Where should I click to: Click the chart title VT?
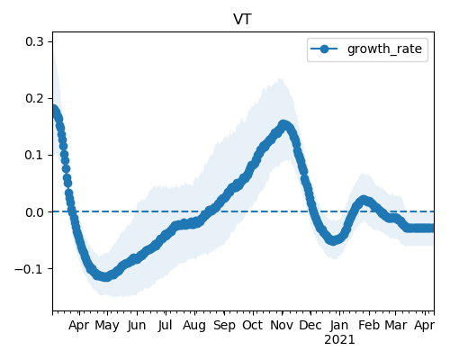[x=242, y=20]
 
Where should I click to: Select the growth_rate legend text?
[x=384, y=49]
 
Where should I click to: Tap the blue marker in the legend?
[x=324, y=49]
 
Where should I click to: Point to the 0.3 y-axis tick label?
[x=34, y=41]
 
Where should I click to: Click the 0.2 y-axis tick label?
[x=34, y=98]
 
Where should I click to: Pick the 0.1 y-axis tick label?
[x=34, y=155]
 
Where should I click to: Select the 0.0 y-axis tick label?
[x=34, y=212]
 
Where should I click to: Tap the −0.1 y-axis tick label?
[x=29, y=269]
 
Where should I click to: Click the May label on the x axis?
[x=107, y=326]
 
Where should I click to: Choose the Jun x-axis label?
[x=137, y=326]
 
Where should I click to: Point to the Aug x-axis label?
[x=194, y=326]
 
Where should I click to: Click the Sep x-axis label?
[x=224, y=326]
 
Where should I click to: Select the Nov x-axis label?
[x=282, y=325]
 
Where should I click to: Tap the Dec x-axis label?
[x=310, y=325]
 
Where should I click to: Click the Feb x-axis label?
[x=369, y=325]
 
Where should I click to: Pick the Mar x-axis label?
[x=396, y=325]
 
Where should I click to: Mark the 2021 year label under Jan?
[x=339, y=340]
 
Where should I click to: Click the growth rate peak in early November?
[x=283, y=124]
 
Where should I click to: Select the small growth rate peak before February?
[x=364, y=200]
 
